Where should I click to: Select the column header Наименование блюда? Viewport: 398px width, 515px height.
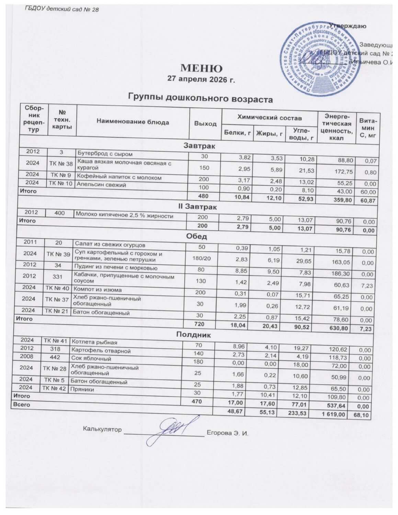(133, 122)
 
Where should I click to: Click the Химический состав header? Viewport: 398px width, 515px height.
(270, 118)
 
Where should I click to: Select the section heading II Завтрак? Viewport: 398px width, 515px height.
(200, 207)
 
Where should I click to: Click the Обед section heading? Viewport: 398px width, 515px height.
(196, 237)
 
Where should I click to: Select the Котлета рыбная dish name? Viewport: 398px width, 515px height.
(94, 342)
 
